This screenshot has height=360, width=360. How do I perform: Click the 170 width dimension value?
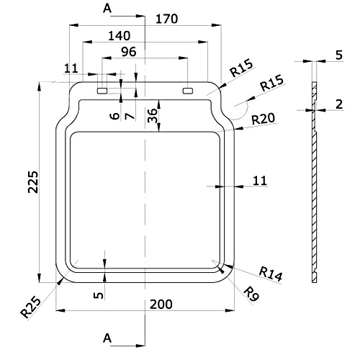click(x=167, y=19)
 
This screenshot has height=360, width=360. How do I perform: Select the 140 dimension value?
click(x=120, y=36)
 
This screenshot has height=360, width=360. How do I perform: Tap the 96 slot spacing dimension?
click(x=129, y=52)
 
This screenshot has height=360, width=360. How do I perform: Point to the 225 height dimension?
click(x=33, y=181)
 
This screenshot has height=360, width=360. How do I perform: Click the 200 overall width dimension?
click(x=161, y=305)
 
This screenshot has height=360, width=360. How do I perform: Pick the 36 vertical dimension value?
click(x=153, y=115)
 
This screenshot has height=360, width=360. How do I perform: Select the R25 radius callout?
click(x=30, y=307)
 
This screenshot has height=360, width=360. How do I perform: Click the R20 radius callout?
click(x=264, y=119)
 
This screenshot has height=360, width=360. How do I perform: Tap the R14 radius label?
click(x=271, y=274)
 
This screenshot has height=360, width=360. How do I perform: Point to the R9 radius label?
click(x=251, y=294)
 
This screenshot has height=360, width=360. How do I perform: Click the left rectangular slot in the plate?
click(x=102, y=91)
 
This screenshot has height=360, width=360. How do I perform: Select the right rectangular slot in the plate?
click(x=188, y=91)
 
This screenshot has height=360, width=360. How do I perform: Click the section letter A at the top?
click(x=107, y=9)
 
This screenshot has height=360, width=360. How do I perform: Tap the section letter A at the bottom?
click(x=107, y=338)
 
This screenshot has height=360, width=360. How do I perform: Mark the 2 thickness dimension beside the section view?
click(x=339, y=104)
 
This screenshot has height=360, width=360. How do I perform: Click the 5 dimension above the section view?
click(x=339, y=55)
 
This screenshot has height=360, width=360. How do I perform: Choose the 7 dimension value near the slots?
click(x=130, y=117)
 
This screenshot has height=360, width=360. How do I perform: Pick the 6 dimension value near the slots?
click(x=114, y=116)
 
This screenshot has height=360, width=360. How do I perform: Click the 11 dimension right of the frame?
click(x=260, y=181)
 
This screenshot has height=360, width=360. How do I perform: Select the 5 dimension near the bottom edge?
click(x=98, y=295)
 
